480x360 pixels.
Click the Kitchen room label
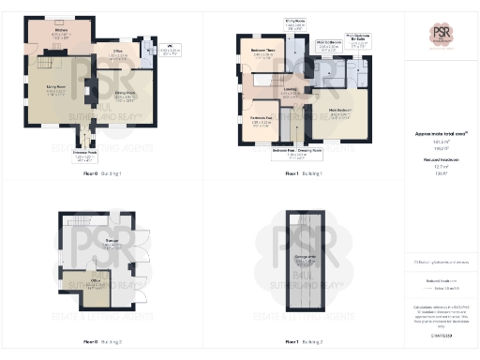tap(61, 33)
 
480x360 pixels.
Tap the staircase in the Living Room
tap(42, 67)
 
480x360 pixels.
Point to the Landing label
tap(290, 92)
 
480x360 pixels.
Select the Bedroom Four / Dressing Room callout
tap(294, 151)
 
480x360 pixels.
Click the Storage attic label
tap(305, 257)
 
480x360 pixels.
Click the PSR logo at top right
tap(442, 35)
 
